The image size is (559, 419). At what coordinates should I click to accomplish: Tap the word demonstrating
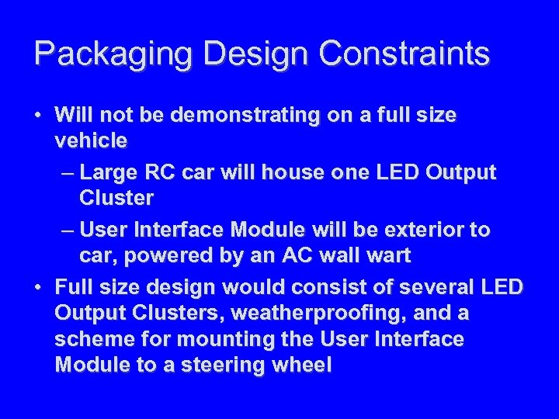[x=244, y=116]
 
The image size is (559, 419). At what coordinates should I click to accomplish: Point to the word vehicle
[x=92, y=141]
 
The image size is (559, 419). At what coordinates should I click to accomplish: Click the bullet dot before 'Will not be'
[x=38, y=116]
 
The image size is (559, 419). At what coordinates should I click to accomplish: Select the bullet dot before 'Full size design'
[x=38, y=288]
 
